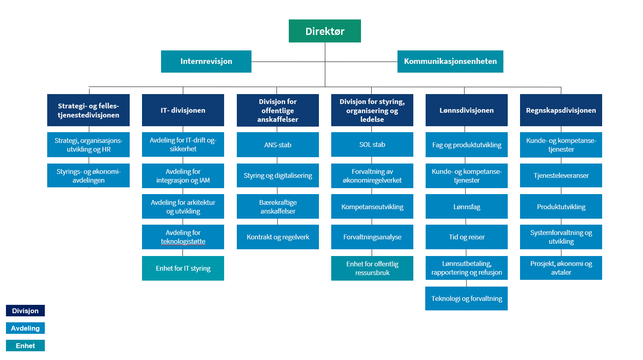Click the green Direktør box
[324, 31]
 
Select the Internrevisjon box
[206, 62]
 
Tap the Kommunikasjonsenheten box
[450, 62]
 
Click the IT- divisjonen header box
[183, 110]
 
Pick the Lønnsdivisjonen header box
[466, 110]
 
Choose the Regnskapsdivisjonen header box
[561, 110]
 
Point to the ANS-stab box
[278, 144]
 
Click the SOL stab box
[372, 144]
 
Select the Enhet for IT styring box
[183, 268]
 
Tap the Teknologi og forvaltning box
[466, 298]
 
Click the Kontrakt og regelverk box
[278, 237]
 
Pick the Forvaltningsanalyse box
[372, 237]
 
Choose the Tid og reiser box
[466, 237]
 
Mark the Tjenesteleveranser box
[561, 175]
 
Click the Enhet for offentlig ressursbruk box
[372, 268]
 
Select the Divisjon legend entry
[25, 310]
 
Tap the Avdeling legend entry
[25, 328]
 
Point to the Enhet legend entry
[25, 346]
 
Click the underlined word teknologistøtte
[183, 242]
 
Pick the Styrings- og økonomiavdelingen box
[88, 175]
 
